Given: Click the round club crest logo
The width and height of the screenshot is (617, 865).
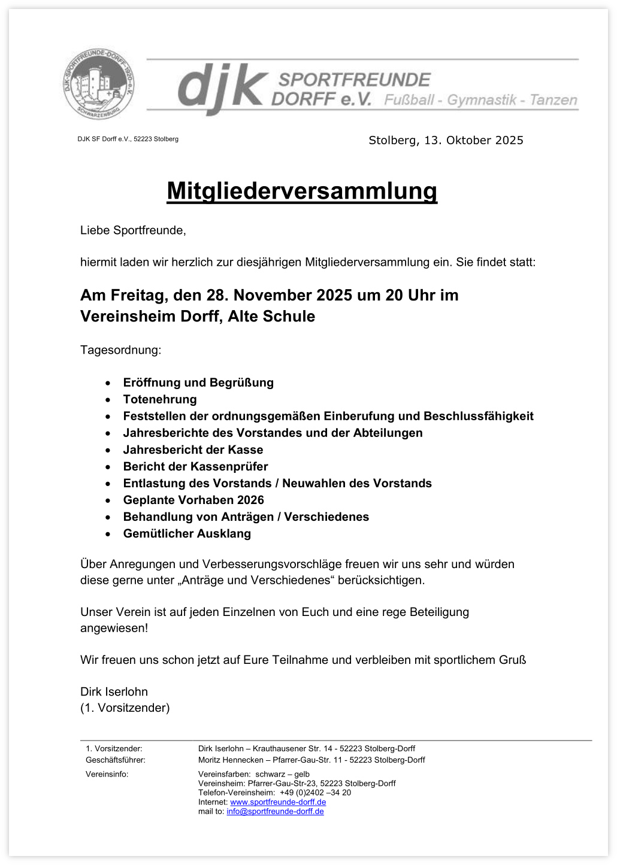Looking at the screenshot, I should pyautogui.click(x=99, y=84).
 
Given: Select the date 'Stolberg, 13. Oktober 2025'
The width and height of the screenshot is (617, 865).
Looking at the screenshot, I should pyautogui.click(x=446, y=140).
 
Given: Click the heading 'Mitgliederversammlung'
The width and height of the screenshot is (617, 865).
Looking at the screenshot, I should pyautogui.click(x=302, y=191).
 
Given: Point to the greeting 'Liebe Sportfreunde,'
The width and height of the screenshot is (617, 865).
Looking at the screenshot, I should pyautogui.click(x=133, y=230).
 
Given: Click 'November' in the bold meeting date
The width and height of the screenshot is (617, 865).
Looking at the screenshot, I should pyautogui.click(x=273, y=295).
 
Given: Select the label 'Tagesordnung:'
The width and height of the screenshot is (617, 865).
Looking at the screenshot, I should pyautogui.click(x=120, y=350).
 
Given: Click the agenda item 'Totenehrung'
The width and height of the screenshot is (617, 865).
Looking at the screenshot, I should pyautogui.click(x=160, y=399).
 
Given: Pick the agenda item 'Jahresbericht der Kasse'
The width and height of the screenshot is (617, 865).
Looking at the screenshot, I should pyautogui.click(x=193, y=450).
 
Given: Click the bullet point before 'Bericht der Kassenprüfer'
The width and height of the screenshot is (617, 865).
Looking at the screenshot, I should pyautogui.click(x=108, y=467).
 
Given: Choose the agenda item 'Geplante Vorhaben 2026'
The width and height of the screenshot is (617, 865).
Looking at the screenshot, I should pyautogui.click(x=193, y=500).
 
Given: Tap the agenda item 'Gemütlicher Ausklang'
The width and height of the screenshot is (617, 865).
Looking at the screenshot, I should pyautogui.click(x=187, y=533).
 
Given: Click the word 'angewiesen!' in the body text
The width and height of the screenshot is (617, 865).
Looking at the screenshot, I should pyautogui.click(x=114, y=628).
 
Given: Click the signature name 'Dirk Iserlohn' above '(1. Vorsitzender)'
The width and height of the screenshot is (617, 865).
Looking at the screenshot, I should pyautogui.click(x=114, y=691).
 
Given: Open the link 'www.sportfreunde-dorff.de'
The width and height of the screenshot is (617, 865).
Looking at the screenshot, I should pyautogui.click(x=278, y=802).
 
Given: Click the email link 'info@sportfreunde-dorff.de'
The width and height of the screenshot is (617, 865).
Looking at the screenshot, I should pyautogui.click(x=275, y=812).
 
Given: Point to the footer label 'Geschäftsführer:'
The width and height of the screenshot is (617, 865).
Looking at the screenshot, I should pyautogui.click(x=116, y=760).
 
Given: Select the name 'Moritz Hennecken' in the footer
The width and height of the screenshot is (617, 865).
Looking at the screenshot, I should pyautogui.click(x=231, y=760).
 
